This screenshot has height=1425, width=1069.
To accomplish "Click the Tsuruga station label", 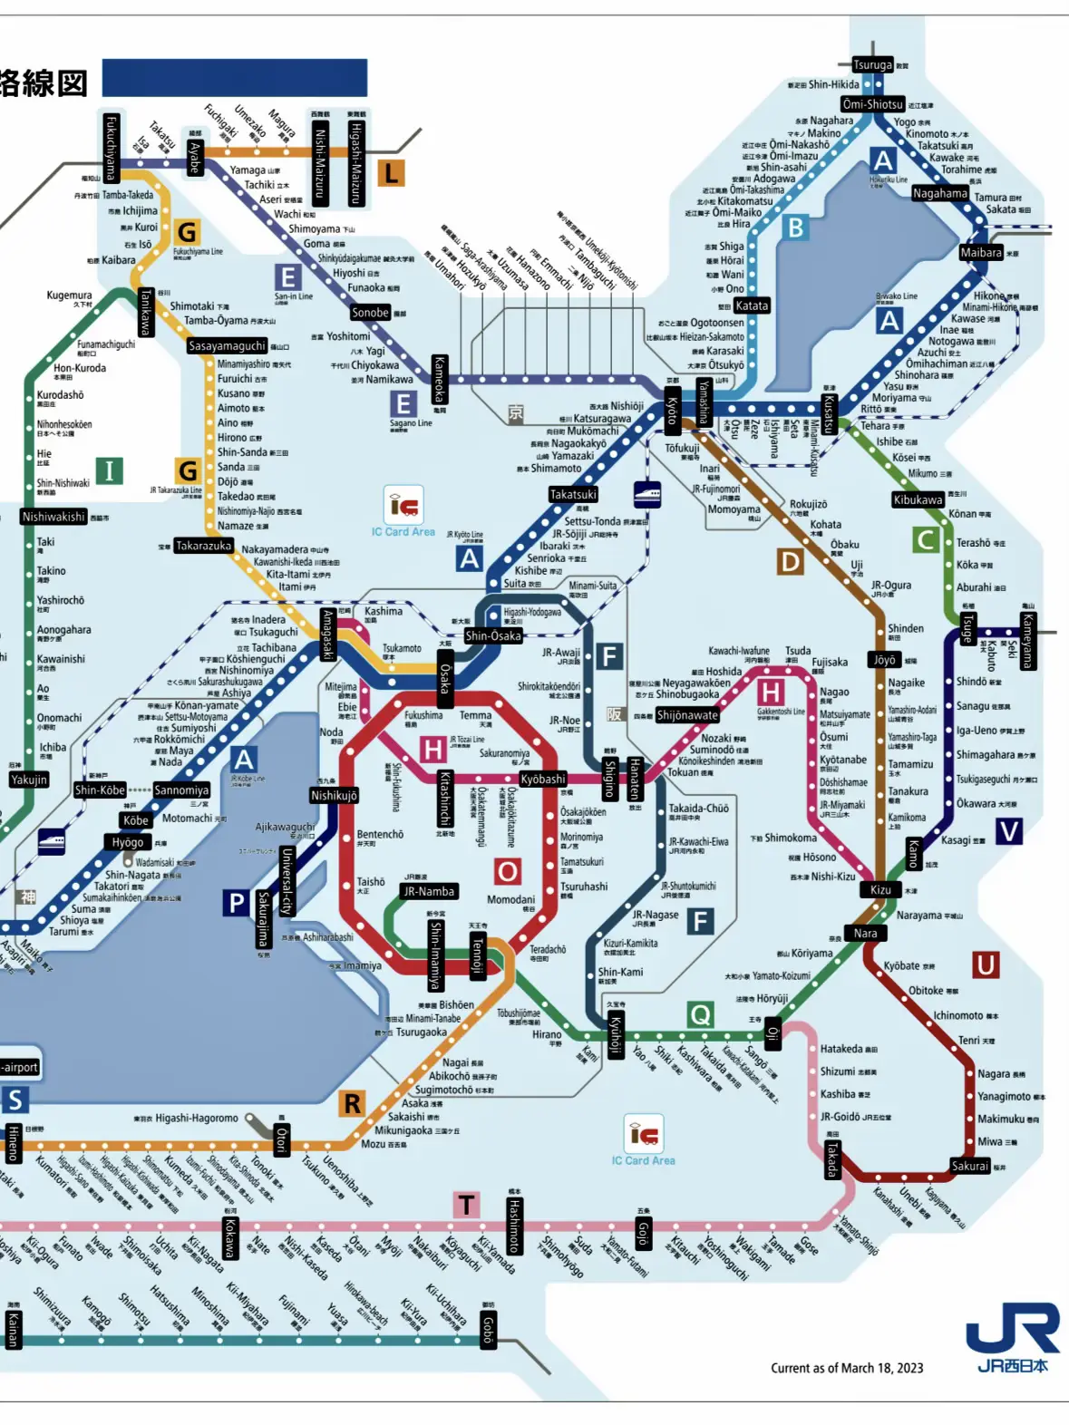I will click(872, 64).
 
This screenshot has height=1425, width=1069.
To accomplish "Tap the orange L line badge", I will click(390, 172).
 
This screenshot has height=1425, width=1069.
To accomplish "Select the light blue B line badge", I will click(795, 228).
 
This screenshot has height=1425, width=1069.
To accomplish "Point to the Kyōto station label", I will click(672, 412).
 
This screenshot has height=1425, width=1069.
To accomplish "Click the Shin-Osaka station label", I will click(493, 635).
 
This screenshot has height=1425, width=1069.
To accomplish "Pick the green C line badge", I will click(925, 540).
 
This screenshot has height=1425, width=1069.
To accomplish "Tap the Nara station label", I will click(865, 933).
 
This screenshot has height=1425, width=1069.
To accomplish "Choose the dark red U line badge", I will click(986, 965).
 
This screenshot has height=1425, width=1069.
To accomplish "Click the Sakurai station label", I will click(969, 1166).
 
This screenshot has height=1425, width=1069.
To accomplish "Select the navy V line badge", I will click(1008, 830).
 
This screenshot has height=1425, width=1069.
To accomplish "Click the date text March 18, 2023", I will click(847, 1368).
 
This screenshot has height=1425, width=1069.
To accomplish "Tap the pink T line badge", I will click(466, 1205).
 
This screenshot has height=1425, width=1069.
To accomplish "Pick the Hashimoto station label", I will click(514, 1226).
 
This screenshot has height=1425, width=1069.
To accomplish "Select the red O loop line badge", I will click(507, 872).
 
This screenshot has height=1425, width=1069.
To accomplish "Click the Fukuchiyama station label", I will click(111, 148).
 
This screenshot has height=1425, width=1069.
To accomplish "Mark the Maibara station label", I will click(981, 253).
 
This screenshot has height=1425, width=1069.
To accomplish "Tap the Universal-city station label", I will click(287, 880).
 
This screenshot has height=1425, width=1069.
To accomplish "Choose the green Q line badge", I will click(700, 1014).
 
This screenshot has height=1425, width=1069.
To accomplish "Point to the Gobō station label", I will click(488, 1330).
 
